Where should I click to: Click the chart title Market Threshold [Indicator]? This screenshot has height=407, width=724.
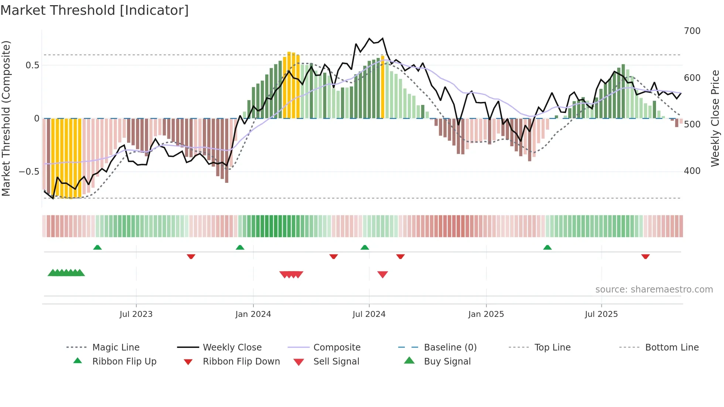tap(95, 10)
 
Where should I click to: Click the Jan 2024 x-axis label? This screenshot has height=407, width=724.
tap(253, 314)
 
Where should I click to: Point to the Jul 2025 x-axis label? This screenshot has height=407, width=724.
tap(601, 314)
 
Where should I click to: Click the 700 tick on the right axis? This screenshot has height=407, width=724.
tap(692, 31)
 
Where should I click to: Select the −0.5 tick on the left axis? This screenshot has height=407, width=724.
tap(29, 171)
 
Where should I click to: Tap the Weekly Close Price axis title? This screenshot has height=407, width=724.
tap(715, 118)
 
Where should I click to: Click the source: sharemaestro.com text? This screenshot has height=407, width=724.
tap(654, 289)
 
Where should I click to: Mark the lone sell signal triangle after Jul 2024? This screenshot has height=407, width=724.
tap(382, 274)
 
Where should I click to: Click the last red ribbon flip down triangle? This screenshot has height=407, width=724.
tap(645, 256)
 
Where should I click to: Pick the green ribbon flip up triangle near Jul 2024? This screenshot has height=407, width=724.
tap(365, 247)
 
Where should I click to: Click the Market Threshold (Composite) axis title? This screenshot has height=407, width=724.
tap(6, 118)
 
